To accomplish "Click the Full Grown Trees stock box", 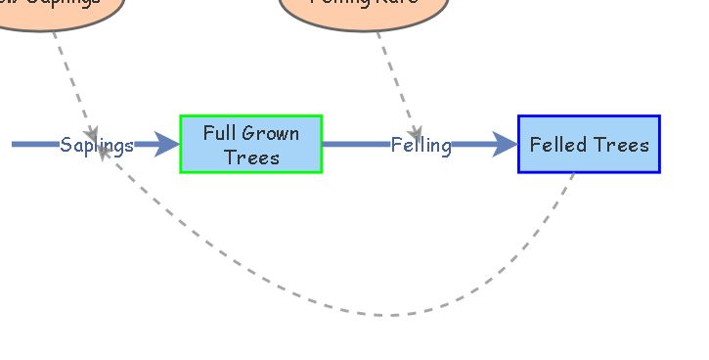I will click(250, 144).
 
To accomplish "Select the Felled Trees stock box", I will click(589, 144).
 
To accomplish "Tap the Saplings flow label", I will click(96, 146).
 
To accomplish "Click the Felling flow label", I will click(421, 146).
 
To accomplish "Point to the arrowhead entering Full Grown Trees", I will click(168, 145).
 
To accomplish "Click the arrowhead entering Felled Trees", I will click(506, 145).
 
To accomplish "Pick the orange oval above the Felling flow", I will click(364, 10).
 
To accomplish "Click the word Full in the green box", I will click(220, 133).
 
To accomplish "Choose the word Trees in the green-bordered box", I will click(250, 157).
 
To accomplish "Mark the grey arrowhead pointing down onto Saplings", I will click(91, 133).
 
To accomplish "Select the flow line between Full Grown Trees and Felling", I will click(354, 145).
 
